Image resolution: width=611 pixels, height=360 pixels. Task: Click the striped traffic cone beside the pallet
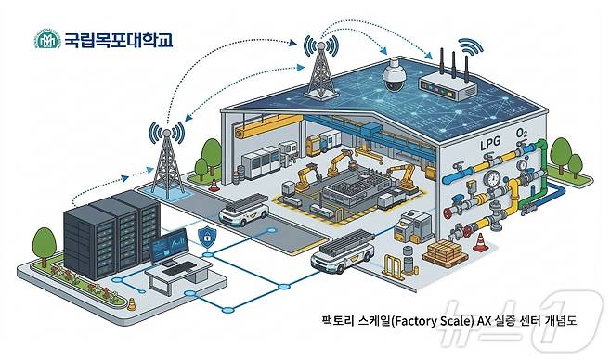coord(481,243)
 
